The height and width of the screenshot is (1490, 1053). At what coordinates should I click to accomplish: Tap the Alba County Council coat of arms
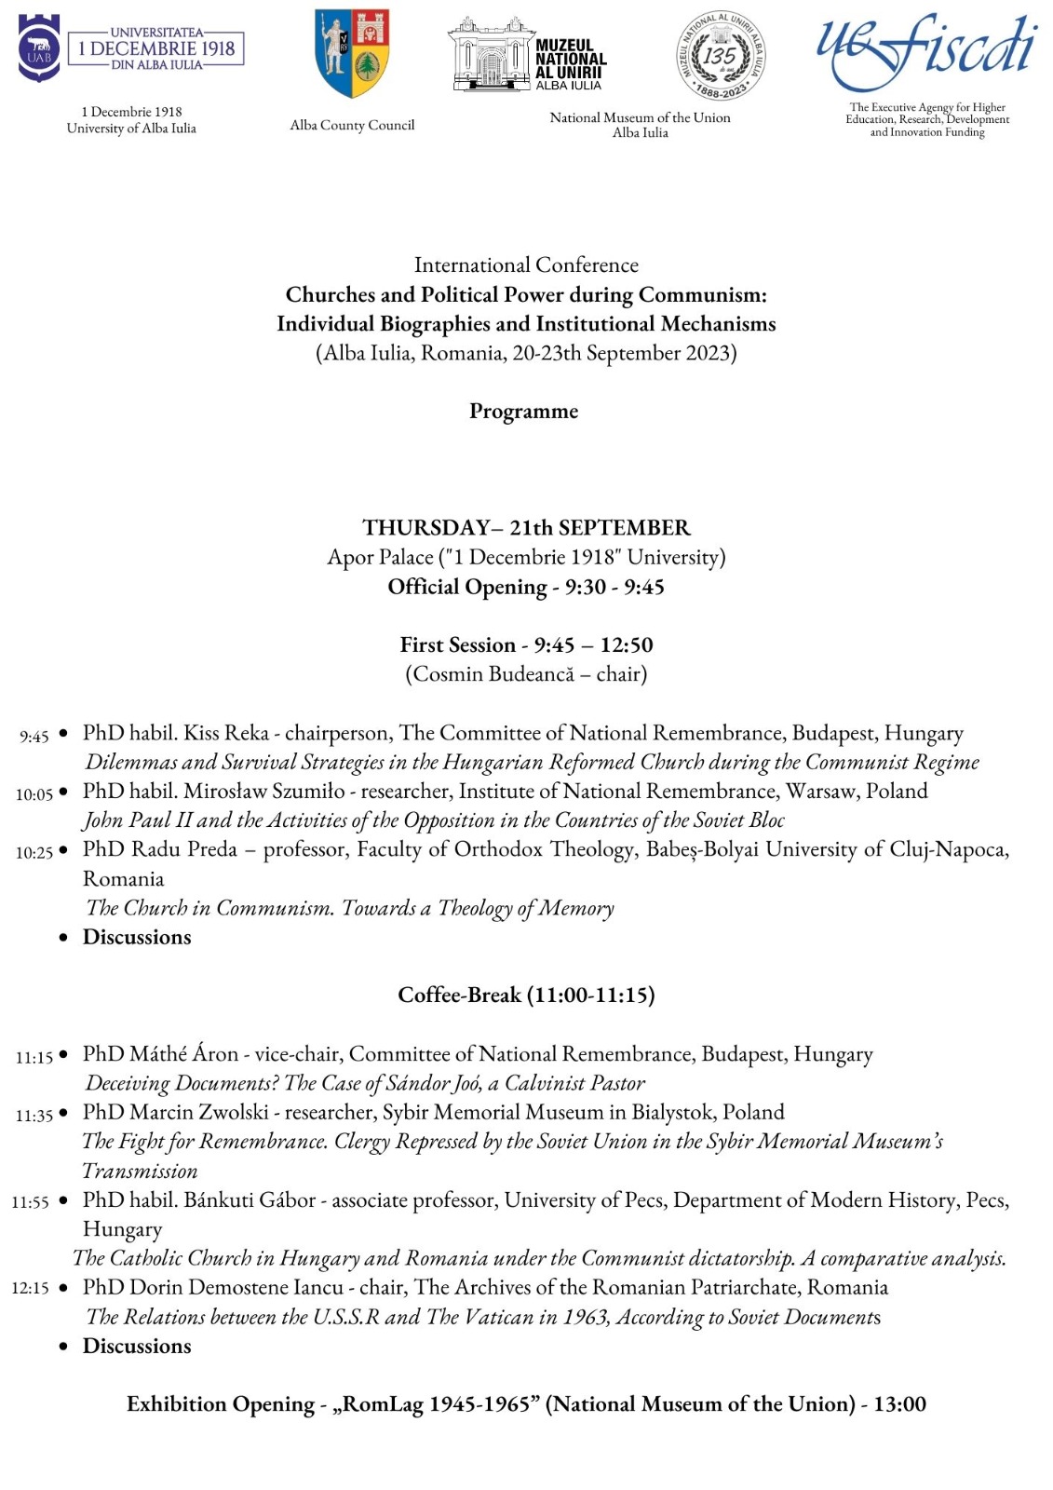click(352, 53)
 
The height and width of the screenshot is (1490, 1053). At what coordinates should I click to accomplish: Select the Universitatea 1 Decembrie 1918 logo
click(131, 48)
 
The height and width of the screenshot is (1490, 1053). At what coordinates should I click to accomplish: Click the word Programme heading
click(523, 411)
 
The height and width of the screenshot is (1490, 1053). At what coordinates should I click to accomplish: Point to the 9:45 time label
click(34, 737)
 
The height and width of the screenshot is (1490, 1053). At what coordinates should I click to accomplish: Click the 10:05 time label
click(34, 794)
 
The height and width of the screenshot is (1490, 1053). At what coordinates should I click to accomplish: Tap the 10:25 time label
click(34, 852)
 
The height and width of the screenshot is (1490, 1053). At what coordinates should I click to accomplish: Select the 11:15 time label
click(34, 1057)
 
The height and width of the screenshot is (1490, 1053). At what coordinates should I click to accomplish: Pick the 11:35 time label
click(34, 1115)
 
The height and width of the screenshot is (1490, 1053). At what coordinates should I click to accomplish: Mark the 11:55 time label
click(31, 1202)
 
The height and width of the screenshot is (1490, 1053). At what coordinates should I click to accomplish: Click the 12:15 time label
click(31, 1289)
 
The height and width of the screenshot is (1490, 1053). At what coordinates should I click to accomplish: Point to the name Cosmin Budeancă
click(493, 674)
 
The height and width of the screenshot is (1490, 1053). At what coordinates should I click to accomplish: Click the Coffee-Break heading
click(526, 995)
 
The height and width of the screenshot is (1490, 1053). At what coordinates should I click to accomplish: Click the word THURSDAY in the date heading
click(425, 528)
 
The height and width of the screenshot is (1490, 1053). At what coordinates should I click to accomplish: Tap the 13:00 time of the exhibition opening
click(899, 1403)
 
